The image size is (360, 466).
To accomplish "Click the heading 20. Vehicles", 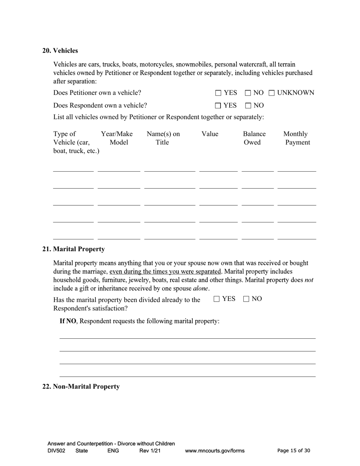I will [60, 51].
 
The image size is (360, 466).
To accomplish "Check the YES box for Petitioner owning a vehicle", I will [218, 93].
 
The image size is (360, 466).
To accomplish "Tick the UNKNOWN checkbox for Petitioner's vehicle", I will [272, 93].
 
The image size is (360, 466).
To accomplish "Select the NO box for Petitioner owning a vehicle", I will [248, 93].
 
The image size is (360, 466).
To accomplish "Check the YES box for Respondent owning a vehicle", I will [218, 106].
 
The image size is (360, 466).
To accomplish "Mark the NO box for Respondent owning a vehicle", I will [248, 106].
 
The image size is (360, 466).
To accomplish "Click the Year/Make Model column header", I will [117, 138].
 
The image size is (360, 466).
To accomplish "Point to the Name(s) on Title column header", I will [163, 138].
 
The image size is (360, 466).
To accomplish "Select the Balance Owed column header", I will [254, 138].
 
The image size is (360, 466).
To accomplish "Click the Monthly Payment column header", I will [297, 138].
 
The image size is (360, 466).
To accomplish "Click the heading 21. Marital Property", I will [74, 249].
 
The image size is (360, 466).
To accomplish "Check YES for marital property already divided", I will [216, 299].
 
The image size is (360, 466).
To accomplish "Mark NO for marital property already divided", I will [246, 299].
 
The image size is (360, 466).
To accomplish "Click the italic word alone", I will [200, 289].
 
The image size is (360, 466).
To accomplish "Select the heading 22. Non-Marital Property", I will [81, 387].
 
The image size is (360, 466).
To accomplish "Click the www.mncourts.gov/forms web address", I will [214, 451].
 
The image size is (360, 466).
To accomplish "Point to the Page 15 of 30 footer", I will [294, 451].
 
